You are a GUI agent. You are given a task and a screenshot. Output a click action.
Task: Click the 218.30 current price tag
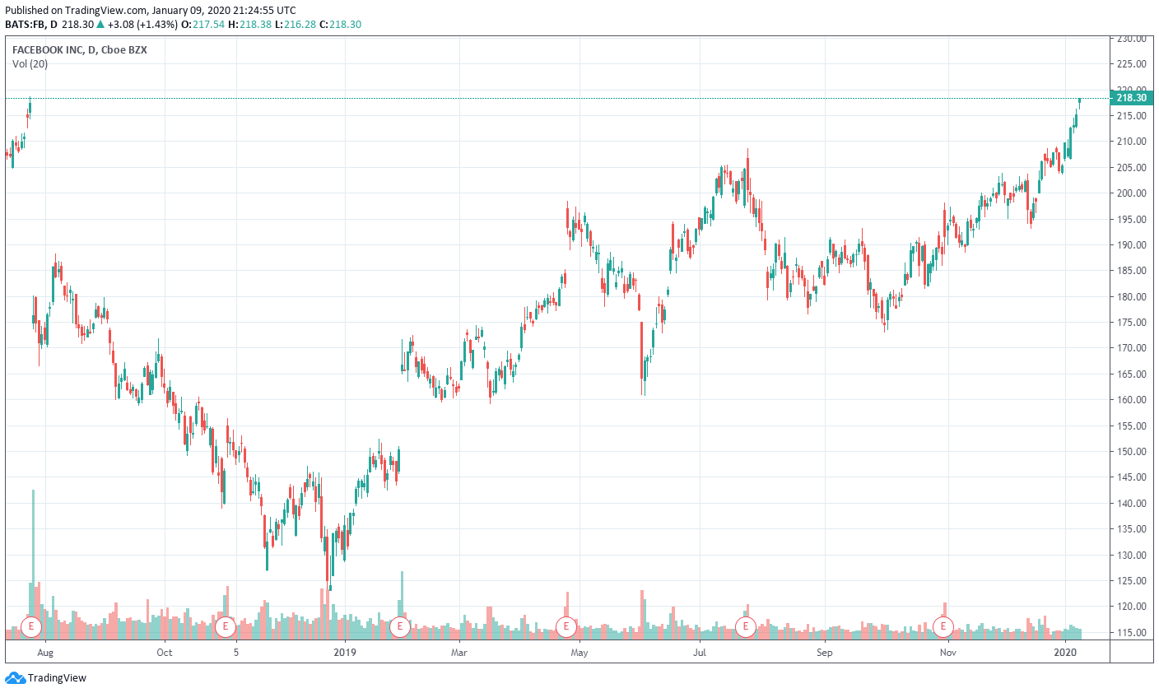coord(1131,98)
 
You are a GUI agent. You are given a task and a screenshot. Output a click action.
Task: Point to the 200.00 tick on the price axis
coord(1132,193)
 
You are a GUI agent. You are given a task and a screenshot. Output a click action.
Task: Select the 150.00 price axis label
coord(1132,452)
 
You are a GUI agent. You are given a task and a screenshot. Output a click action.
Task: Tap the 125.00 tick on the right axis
coord(1132,581)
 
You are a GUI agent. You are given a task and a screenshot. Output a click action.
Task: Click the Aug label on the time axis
coord(45,653)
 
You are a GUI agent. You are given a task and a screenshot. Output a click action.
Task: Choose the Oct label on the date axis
coord(165,653)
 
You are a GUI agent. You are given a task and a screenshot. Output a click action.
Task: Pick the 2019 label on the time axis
coord(344,653)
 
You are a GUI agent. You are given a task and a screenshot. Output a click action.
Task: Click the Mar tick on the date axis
coord(458,653)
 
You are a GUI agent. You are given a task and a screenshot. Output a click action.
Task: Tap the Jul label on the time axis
coord(700,653)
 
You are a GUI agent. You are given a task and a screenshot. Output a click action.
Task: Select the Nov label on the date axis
coord(948,653)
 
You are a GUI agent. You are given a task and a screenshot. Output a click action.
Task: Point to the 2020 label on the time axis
coord(1066,653)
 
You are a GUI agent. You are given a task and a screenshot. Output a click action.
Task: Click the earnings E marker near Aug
coord(31,626)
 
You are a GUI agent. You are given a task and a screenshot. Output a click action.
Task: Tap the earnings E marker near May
coord(566,626)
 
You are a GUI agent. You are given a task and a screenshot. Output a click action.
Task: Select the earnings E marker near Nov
coord(943,626)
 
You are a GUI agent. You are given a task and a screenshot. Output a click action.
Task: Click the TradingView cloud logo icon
coord(15,678)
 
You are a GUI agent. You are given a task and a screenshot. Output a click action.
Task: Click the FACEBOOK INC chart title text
coord(49,50)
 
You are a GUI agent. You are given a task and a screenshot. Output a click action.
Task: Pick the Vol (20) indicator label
coord(30,64)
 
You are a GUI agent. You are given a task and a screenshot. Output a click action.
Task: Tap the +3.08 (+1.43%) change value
coord(142,25)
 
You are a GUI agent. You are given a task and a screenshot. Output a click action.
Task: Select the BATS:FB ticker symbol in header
coord(25,25)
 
